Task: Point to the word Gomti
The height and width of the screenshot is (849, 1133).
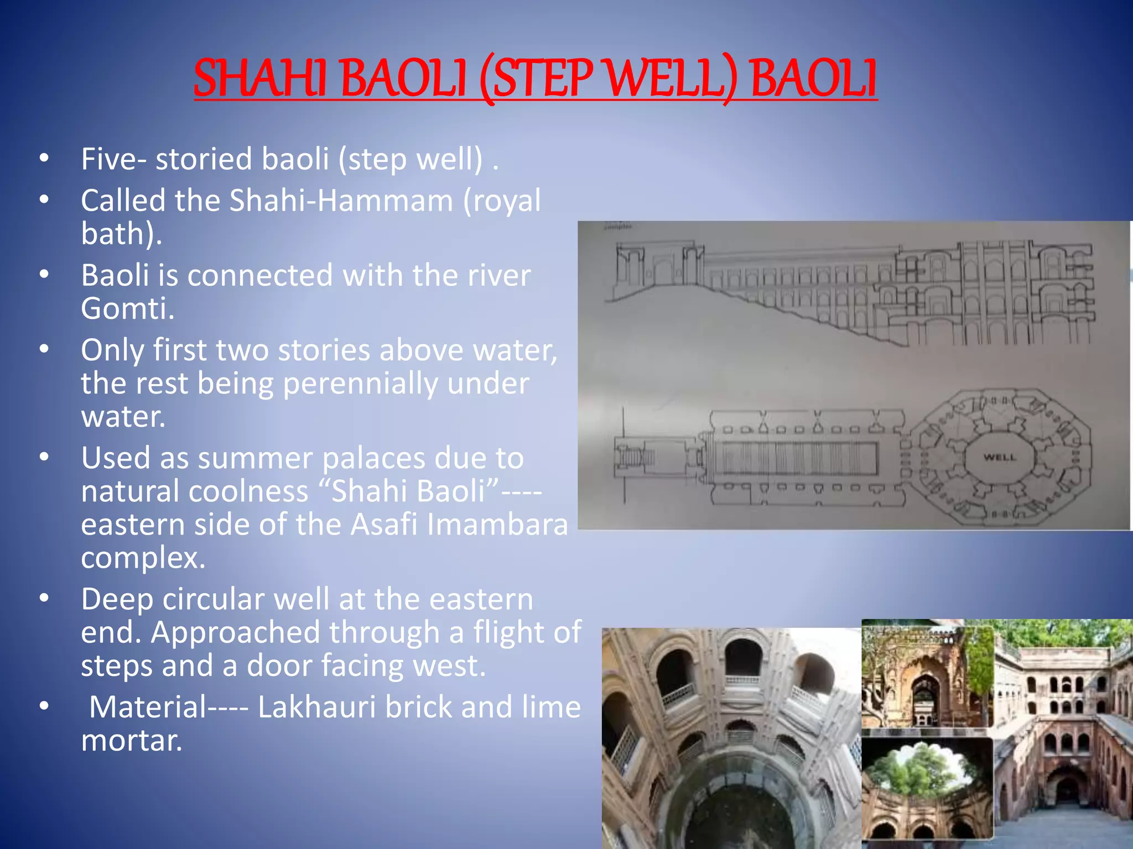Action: (127, 308)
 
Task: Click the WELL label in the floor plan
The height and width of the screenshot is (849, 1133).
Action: (1000, 458)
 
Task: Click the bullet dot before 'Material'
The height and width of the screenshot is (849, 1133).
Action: (45, 707)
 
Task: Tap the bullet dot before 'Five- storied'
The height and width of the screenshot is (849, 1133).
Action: (45, 159)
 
